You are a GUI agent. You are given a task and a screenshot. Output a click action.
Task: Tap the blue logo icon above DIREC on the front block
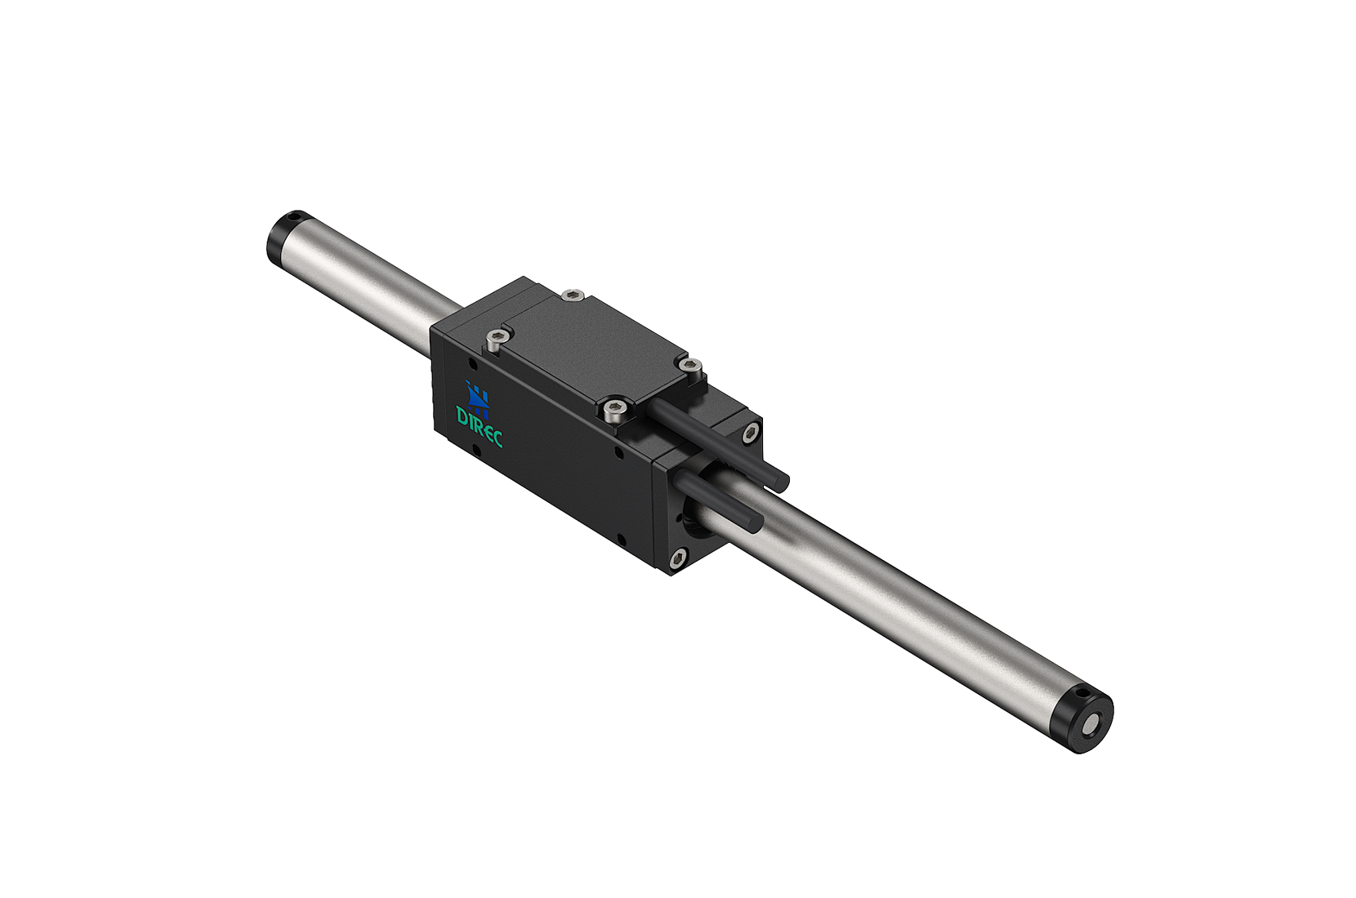click(x=478, y=397)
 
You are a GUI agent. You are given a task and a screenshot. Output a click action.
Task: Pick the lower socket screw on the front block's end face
click(x=678, y=559)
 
